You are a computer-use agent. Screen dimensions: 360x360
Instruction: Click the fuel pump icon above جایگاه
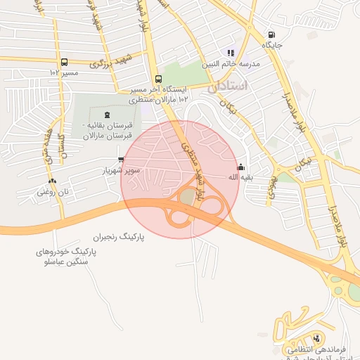point(271,35)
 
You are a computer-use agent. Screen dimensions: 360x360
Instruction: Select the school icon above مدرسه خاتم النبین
point(230,53)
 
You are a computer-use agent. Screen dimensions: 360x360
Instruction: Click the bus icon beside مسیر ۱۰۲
point(65,62)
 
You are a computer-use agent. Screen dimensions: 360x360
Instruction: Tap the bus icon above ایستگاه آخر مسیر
point(157,79)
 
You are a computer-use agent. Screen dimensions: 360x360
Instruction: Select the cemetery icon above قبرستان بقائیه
point(107,115)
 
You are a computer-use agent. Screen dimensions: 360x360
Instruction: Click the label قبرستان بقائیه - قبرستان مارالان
point(104,129)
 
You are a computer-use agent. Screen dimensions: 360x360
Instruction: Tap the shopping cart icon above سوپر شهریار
point(122,160)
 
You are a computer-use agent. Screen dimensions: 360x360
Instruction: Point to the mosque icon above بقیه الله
point(241,167)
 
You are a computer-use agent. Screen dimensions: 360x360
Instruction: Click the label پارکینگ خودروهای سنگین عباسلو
point(64,256)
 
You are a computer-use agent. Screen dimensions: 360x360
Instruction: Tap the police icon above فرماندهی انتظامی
point(316,337)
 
